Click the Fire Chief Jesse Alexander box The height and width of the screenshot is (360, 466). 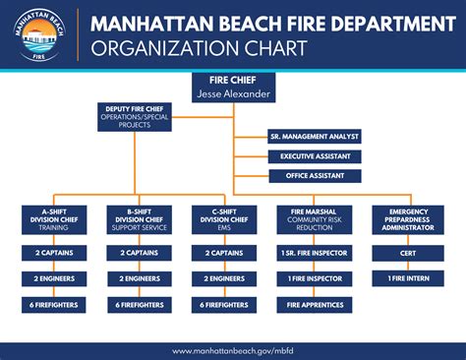pos(233,87)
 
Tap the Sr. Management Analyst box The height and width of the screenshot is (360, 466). pos(315,136)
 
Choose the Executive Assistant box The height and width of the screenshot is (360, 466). pos(315,156)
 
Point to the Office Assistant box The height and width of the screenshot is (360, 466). pos(315,176)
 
